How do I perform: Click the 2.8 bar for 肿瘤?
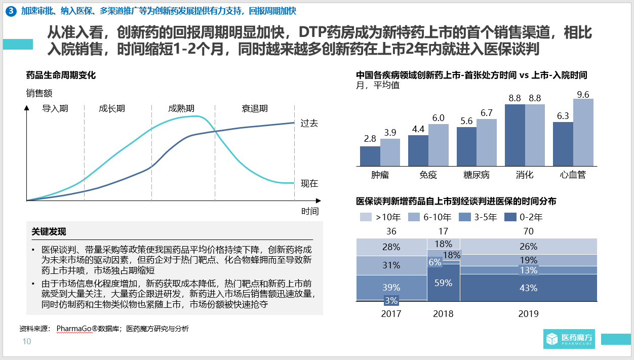pyautogui.click(x=370, y=155)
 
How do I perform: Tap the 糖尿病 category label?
pyautogui.click(x=476, y=175)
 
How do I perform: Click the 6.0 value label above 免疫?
pyautogui.click(x=438, y=118)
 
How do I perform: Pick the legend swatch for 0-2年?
pyautogui.click(x=512, y=217)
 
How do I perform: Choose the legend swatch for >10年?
pyautogui.click(x=366, y=217)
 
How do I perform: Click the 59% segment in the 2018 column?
pyautogui.click(x=443, y=283)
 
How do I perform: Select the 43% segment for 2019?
pyautogui.click(x=528, y=287)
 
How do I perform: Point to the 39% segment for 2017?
pyautogui.click(x=391, y=287)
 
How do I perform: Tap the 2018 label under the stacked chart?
pyautogui.click(x=443, y=313)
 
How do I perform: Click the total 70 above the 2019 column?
pyautogui.click(x=528, y=231)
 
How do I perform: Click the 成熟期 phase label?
pyautogui.click(x=181, y=108)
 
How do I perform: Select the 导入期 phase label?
pyautogui.click(x=55, y=108)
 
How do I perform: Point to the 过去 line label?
pyautogui.click(x=309, y=123)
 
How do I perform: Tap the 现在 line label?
pyautogui.click(x=309, y=183)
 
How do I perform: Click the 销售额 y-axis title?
pyautogui.click(x=39, y=93)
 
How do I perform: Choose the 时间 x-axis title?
pyautogui.click(x=309, y=211)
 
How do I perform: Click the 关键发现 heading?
pyautogui.click(x=49, y=232)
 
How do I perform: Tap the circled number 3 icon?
pyautogui.click(x=12, y=11)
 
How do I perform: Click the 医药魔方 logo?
pyautogui.click(x=569, y=339)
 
